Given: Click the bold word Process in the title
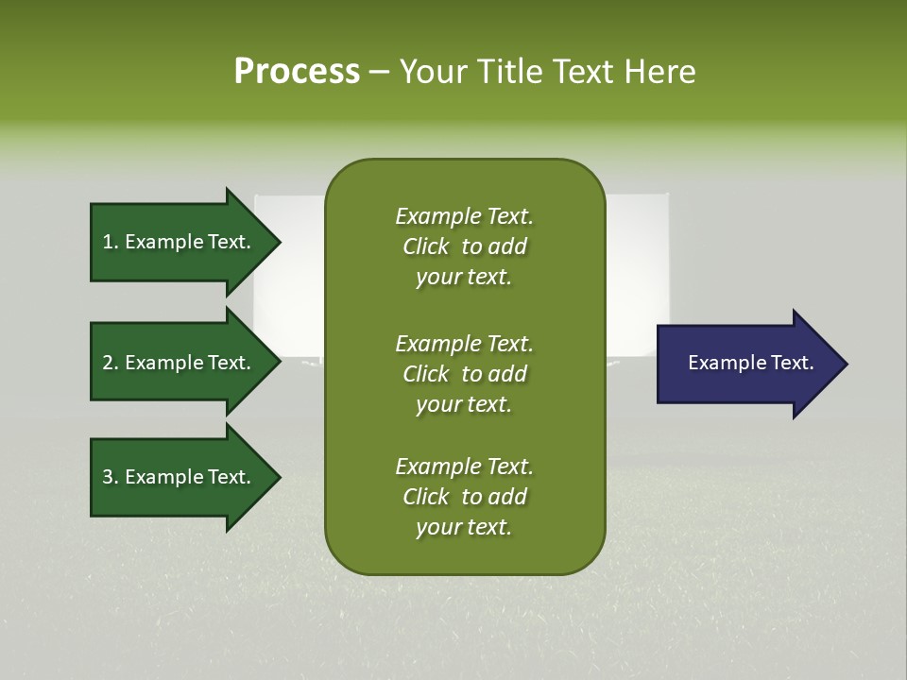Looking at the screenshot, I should point(297,71).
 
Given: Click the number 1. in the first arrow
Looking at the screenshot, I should point(111,242).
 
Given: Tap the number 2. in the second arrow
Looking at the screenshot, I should point(111,363).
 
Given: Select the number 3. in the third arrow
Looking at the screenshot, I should point(111,477).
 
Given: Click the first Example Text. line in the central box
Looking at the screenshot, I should point(464,216).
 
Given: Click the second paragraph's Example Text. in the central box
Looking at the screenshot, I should point(464,343).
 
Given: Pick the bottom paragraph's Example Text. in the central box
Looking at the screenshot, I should point(464,467).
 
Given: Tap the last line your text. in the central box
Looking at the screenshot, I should point(464,528).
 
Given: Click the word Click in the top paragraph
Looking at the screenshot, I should point(425,246).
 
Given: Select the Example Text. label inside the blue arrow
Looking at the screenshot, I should point(750,363).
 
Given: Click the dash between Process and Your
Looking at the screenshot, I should point(379,72).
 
